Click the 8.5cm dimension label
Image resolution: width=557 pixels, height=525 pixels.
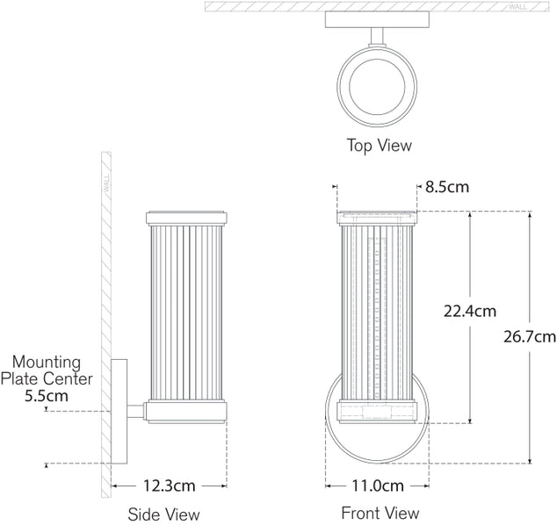447,187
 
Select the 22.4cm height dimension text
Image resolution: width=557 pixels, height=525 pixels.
469,311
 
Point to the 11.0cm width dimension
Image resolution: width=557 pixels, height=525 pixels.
377,485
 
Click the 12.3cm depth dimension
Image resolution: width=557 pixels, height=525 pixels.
167,485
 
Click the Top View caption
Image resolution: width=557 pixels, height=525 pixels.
379,145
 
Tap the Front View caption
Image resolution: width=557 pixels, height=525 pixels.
380,513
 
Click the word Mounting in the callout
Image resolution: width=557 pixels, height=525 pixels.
46,362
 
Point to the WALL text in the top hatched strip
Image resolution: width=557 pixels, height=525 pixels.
517,6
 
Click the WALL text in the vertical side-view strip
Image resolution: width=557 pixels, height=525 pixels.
106,184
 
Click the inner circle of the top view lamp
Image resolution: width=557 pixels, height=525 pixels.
378,90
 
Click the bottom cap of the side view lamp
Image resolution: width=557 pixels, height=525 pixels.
186,408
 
